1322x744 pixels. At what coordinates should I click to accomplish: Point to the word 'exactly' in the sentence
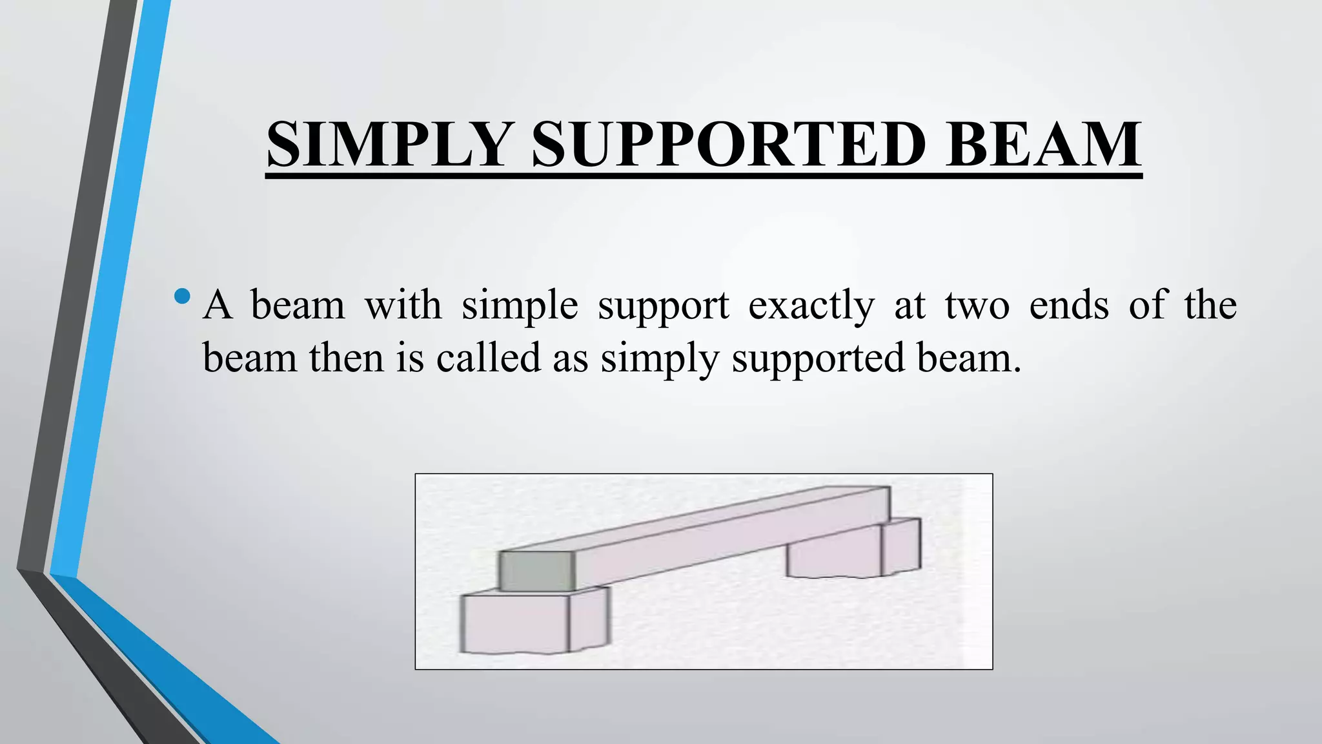tap(811, 306)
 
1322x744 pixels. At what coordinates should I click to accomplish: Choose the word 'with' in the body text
tap(403, 305)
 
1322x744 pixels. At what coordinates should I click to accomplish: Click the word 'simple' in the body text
tap(520, 306)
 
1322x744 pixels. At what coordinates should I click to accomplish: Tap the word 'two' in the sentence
tap(977, 306)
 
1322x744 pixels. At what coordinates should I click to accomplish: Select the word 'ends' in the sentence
tap(1069, 305)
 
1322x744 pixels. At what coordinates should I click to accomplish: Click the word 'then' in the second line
tap(346, 358)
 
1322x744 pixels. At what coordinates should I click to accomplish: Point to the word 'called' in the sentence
tap(489, 358)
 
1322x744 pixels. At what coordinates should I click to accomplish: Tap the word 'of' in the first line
tap(1148, 305)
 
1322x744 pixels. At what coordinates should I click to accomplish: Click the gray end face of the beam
tap(536, 571)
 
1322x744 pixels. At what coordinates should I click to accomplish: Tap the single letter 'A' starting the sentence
tap(217, 305)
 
